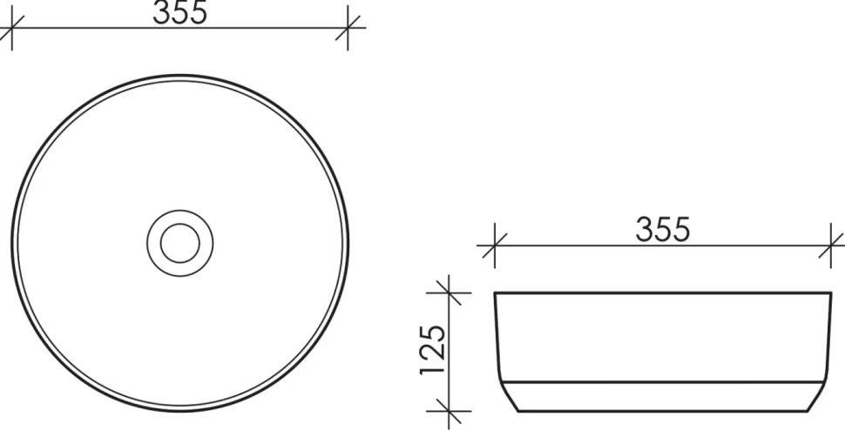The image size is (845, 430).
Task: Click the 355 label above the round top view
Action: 180,12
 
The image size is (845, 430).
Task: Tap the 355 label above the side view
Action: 663,229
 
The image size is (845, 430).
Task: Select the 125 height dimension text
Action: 433,350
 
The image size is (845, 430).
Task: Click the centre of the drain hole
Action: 180,243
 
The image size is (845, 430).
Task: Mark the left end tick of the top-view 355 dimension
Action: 11,28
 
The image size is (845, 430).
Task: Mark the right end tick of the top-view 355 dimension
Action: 348,28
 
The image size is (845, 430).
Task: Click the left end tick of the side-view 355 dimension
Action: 494,246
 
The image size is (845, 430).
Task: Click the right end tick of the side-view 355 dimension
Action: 831,246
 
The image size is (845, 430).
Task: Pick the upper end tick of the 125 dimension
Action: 449,292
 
